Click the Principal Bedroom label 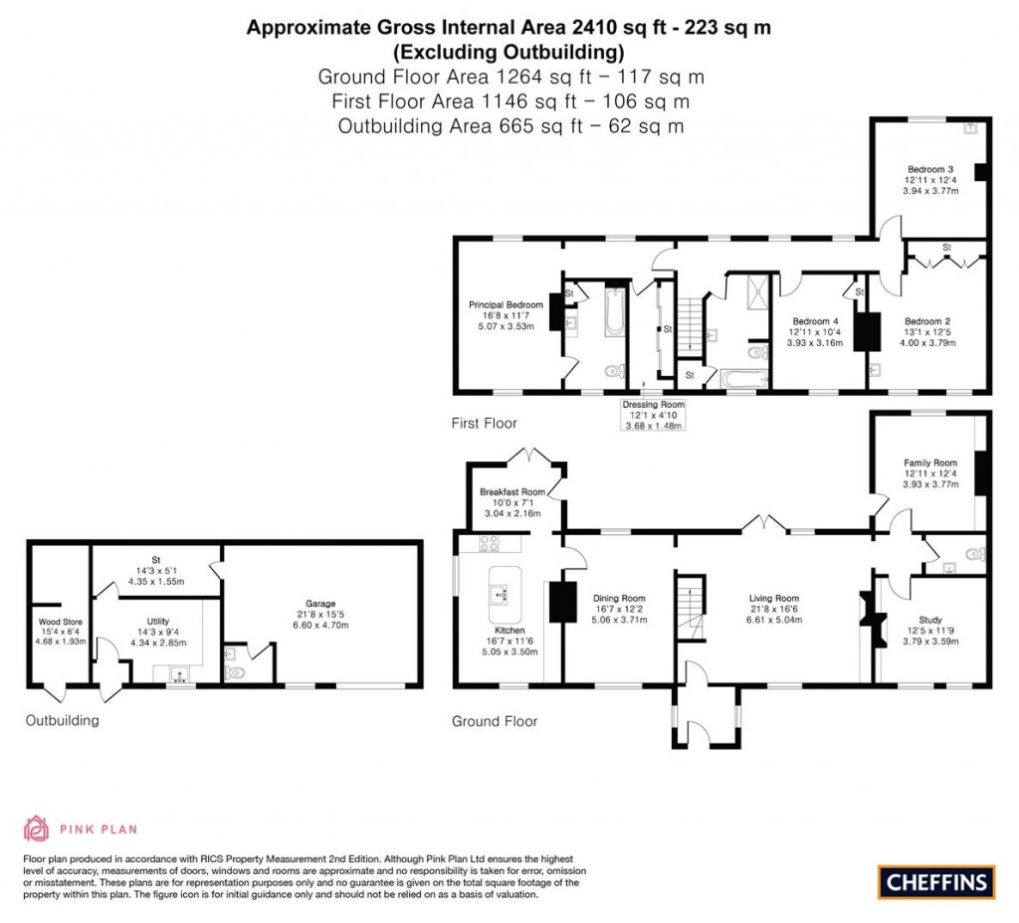click(506, 304)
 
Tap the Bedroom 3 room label click(929, 169)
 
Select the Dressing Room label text click(653, 405)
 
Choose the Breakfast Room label click(511, 491)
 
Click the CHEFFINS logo click(935, 880)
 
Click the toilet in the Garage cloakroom click(236, 672)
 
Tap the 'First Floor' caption click(484, 423)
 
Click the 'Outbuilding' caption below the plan click(62, 720)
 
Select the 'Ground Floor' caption click(495, 721)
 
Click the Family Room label click(929, 463)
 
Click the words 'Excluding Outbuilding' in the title click(509, 52)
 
